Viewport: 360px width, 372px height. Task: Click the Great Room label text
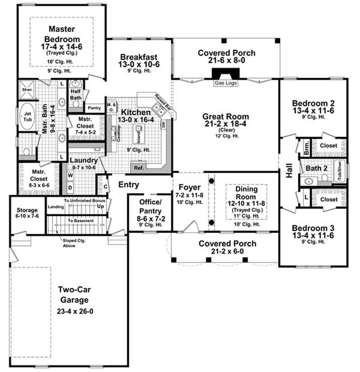point(225,117)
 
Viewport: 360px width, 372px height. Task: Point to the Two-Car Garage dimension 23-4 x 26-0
point(76,311)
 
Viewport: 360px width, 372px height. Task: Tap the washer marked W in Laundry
point(71,175)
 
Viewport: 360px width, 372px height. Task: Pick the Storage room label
point(27,210)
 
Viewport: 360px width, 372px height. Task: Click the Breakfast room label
point(139,57)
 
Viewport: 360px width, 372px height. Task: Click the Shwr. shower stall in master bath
point(25,89)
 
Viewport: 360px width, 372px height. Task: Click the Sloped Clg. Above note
point(74,243)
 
